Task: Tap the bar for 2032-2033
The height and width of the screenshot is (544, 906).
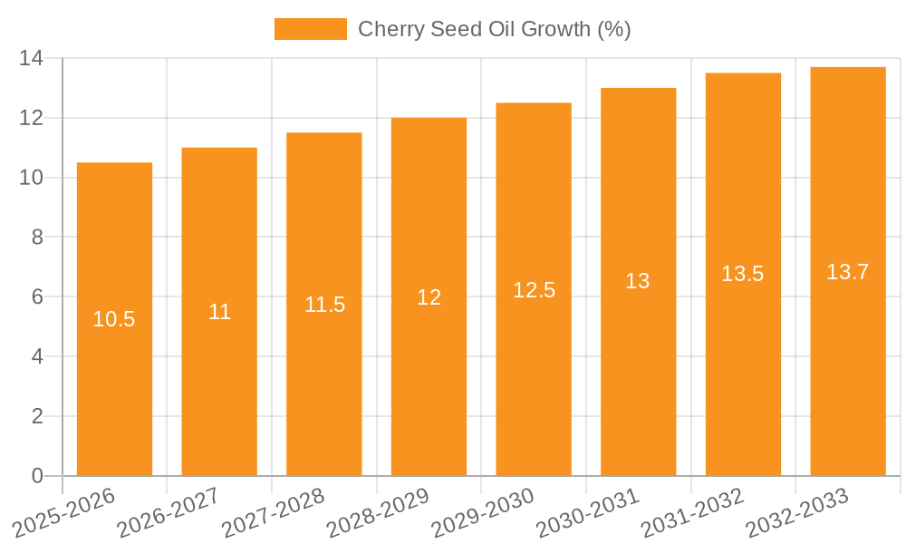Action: coord(848,363)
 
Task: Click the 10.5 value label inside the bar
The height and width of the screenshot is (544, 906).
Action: coord(114,319)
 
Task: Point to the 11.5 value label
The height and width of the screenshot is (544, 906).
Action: coord(324,305)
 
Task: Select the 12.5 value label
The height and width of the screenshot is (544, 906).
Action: coord(534,290)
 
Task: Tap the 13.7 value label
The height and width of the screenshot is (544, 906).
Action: coord(848,272)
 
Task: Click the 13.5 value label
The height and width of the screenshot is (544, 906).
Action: coord(743,274)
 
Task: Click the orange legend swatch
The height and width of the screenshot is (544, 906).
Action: coord(311,29)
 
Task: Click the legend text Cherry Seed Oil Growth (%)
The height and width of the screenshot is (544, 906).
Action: coord(495,29)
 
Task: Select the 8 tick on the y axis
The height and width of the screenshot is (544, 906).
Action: coord(37,238)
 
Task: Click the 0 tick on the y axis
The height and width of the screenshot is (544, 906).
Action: coord(37,476)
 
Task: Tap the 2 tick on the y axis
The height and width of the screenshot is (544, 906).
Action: coord(37,416)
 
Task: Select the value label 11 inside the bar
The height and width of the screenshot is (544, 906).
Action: coord(219,312)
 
